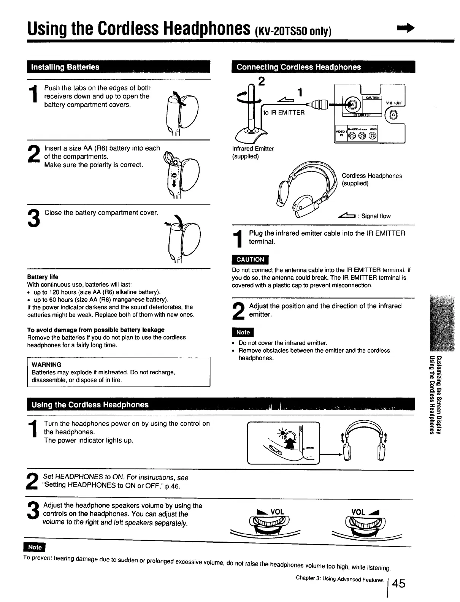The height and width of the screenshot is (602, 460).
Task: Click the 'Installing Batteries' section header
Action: (x=65, y=67)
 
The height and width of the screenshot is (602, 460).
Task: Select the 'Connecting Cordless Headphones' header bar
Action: (x=298, y=67)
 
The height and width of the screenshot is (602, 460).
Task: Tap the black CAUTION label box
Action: (x=250, y=260)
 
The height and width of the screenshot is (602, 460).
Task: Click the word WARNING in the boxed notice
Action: (x=46, y=364)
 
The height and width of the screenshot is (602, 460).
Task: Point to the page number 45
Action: (x=398, y=583)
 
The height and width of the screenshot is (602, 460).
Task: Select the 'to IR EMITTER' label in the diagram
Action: (x=284, y=112)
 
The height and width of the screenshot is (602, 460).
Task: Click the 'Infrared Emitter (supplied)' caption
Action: (x=253, y=152)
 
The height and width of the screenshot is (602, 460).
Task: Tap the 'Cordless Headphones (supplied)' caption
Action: (x=371, y=179)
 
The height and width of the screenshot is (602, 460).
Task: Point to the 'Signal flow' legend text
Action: (x=376, y=216)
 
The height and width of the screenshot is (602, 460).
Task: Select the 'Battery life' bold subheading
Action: (x=43, y=277)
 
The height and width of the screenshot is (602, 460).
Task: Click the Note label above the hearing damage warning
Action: (x=35, y=547)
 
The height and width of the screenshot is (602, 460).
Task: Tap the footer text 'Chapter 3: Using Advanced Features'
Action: (x=339, y=580)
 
